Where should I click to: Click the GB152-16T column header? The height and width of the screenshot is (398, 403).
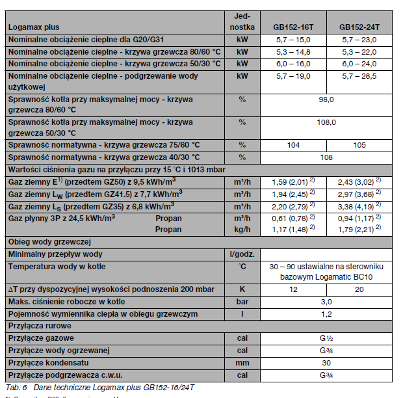tap(293, 28)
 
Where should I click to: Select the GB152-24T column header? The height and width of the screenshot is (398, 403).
tap(360, 28)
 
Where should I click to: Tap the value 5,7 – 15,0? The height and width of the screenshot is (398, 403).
tap(293, 40)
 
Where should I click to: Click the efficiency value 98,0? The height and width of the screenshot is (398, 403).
tap(326, 99)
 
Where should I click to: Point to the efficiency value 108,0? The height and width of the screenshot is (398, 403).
tap(326, 122)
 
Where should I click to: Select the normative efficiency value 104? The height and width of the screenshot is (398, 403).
tap(293, 145)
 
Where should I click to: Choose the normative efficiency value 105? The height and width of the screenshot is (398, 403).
tap(360, 145)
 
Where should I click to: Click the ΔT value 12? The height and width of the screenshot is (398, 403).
tap(293, 289)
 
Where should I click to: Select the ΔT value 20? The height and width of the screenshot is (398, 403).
tap(360, 289)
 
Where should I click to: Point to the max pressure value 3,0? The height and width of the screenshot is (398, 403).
tap(326, 302)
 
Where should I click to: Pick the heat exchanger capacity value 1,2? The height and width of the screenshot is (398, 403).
tap(326, 313)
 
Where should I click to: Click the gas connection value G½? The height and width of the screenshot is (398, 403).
tap(326, 338)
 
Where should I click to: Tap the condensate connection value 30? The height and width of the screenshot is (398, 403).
tap(326, 363)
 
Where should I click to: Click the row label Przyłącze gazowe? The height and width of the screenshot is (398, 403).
tap(41, 338)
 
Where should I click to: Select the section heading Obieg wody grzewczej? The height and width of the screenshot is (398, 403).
tap(46, 241)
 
